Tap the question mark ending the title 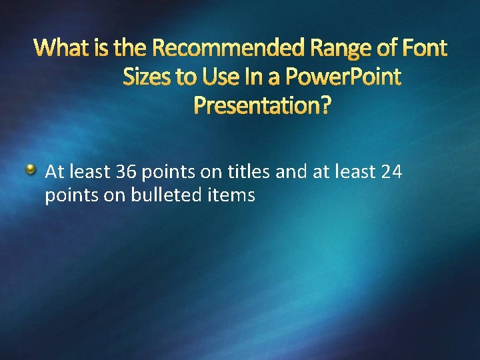(325, 105)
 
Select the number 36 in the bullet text (125, 173)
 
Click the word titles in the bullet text (248, 173)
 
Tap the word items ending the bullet (234, 196)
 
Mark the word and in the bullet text (289, 173)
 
